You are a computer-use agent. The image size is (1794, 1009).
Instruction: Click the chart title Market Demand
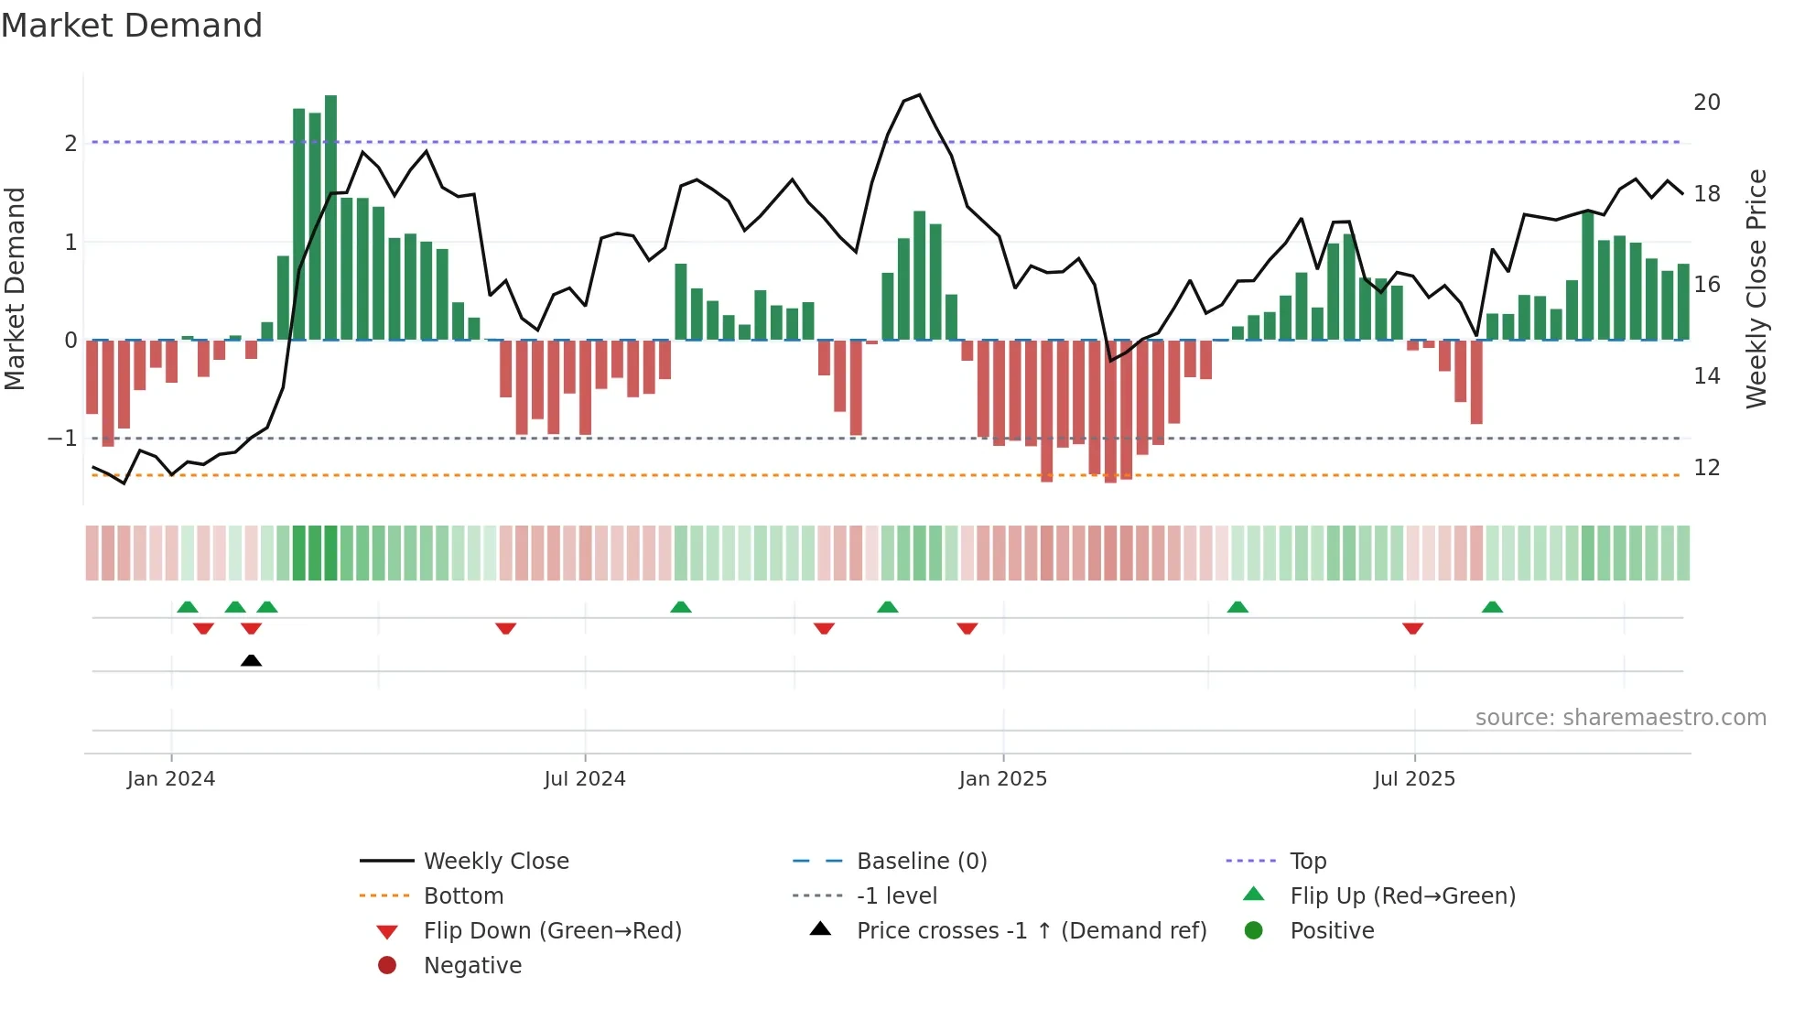pos(132,26)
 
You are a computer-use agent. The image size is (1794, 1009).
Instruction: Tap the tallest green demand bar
pos(330,218)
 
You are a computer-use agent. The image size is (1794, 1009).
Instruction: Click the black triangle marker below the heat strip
pos(251,660)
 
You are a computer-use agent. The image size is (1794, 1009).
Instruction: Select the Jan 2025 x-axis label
pos(1002,779)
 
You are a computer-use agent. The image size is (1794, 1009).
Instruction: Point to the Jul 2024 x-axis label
pos(584,779)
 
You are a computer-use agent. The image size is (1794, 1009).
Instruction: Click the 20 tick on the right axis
pos(1706,103)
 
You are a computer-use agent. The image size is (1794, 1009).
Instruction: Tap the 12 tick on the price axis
pos(1706,468)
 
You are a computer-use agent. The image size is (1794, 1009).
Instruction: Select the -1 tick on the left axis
pos(62,439)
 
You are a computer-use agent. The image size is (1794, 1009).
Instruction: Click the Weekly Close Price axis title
pos(1756,288)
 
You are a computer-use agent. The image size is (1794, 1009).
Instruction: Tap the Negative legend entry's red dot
pos(387,966)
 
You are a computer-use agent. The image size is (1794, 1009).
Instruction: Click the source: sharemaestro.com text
pos(1620,718)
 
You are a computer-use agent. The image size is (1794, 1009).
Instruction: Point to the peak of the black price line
pos(919,95)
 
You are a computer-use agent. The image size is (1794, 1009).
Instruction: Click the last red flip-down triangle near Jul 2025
pos(1412,628)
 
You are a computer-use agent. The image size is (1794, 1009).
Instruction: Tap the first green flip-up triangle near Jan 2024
pos(188,607)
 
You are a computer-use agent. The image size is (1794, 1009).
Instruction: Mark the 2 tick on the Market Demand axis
pos(70,144)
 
